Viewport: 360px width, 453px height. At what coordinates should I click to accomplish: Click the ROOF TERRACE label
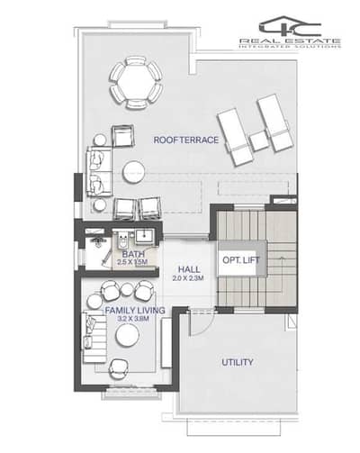pyautogui.click(x=186, y=140)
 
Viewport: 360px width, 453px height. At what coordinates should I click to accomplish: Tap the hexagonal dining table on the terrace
pyautogui.click(x=136, y=82)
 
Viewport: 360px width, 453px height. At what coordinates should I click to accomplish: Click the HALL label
pyautogui.click(x=189, y=269)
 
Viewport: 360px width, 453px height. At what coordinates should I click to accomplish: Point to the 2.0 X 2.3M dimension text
pyautogui.click(x=188, y=278)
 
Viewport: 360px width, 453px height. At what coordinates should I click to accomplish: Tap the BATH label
pyautogui.click(x=133, y=254)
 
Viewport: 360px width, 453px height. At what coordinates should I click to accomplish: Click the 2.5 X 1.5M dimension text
pyautogui.click(x=132, y=262)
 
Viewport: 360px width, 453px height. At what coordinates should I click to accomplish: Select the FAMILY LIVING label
pyautogui.click(x=135, y=310)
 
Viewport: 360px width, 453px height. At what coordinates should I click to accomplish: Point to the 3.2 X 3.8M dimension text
pyautogui.click(x=133, y=319)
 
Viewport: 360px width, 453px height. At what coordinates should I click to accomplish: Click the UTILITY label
pyautogui.click(x=238, y=362)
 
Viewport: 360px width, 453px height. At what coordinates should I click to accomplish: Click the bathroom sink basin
pyautogui.click(x=145, y=236)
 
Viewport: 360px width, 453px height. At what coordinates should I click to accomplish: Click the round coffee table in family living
pyautogui.click(x=128, y=336)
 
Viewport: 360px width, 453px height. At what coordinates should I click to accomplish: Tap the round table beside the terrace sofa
pyautogui.click(x=133, y=172)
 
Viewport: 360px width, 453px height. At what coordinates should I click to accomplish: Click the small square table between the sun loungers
pyautogui.click(x=259, y=140)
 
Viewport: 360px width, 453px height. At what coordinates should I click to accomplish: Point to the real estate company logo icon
pyautogui.click(x=290, y=26)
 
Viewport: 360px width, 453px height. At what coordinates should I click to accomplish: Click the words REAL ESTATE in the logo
pyautogui.click(x=290, y=41)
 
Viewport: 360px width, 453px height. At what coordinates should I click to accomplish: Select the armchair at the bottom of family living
pyautogui.click(x=118, y=369)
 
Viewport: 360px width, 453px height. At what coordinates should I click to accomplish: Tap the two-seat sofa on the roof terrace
pyautogui.click(x=99, y=171)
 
